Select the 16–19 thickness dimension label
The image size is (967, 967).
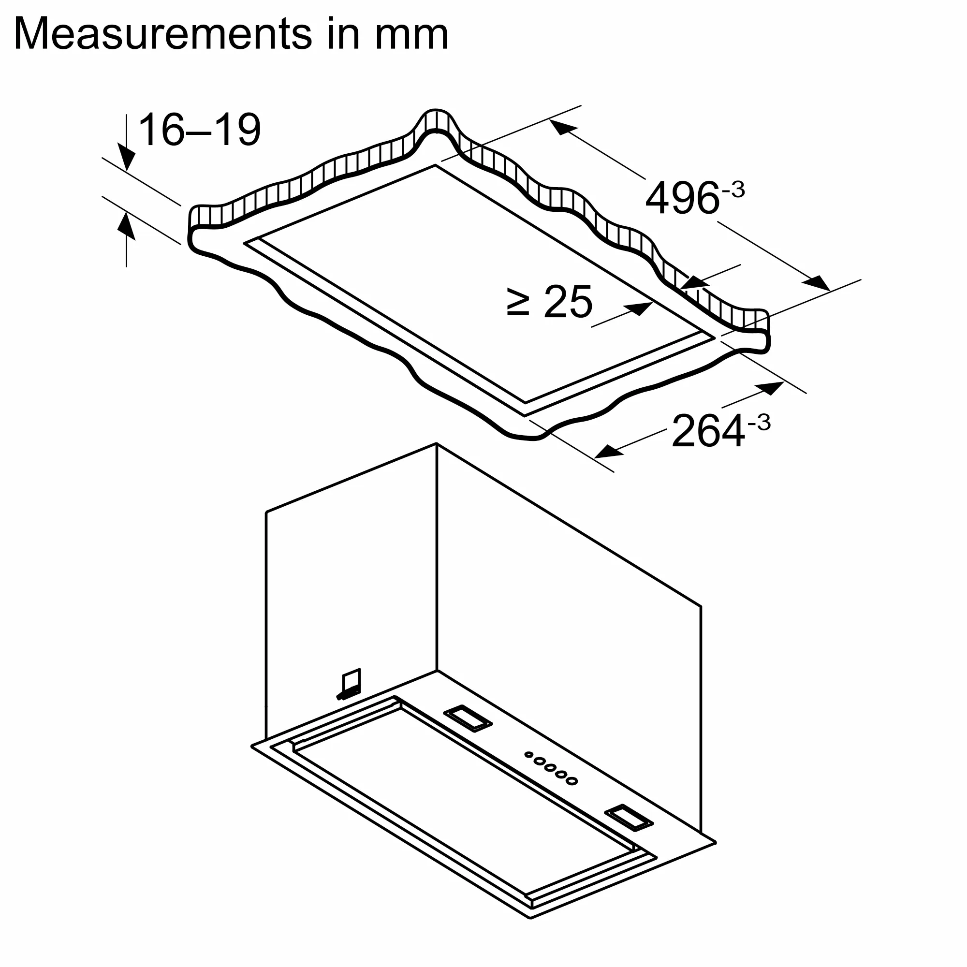point(199,130)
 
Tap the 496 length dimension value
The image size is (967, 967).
point(682,199)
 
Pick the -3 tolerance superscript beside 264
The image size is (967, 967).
point(759,423)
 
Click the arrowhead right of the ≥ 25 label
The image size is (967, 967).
point(642,308)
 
